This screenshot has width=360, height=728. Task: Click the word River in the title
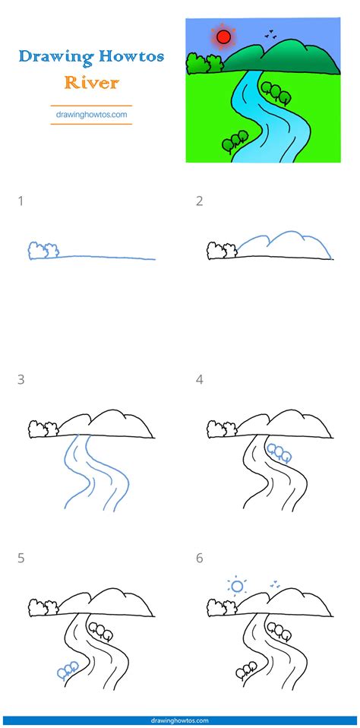[x=90, y=81]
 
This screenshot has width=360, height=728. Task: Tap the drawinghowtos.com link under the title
[x=90, y=116]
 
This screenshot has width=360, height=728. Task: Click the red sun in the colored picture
[x=223, y=36]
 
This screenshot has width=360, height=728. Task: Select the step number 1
[x=21, y=201]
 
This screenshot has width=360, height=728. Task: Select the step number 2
[x=199, y=201]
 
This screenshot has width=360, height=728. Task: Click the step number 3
[x=21, y=379]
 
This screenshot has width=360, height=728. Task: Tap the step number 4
[x=200, y=379]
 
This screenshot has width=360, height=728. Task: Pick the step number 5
[x=21, y=558]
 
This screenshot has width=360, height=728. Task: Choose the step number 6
[x=200, y=558]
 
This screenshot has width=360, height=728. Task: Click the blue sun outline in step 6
[x=237, y=586]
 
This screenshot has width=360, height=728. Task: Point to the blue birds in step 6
[x=273, y=585]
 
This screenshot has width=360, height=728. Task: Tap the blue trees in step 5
[x=67, y=669]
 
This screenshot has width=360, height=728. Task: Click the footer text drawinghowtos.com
[x=180, y=720]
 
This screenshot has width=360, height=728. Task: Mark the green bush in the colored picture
[x=198, y=64]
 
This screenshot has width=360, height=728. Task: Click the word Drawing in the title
[x=49, y=56]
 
